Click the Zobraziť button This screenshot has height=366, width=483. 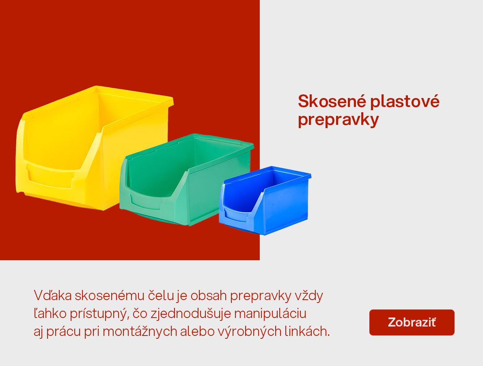tap(412, 322)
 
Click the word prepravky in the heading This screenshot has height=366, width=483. tap(338, 120)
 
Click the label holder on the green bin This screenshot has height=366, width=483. tap(148, 201)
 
